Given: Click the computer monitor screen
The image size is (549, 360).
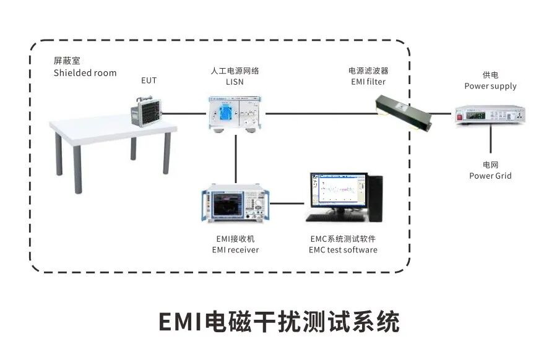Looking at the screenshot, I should click(335, 191).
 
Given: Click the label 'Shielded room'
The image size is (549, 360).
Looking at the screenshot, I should click(85, 73).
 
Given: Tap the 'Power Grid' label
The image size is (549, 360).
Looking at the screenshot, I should click(490, 176).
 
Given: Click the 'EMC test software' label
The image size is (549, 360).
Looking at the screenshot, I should click(343, 250).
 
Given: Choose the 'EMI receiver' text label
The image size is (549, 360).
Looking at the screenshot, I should click(235, 250).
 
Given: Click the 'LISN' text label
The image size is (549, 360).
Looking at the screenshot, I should click(235, 82).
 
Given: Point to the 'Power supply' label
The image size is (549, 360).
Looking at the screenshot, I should click(490, 86).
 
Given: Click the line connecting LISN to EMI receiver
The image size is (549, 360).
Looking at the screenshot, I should click(236, 158).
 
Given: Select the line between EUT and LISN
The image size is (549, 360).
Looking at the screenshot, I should click(183, 113).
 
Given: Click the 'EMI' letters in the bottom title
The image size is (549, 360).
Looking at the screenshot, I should click(179, 322).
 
